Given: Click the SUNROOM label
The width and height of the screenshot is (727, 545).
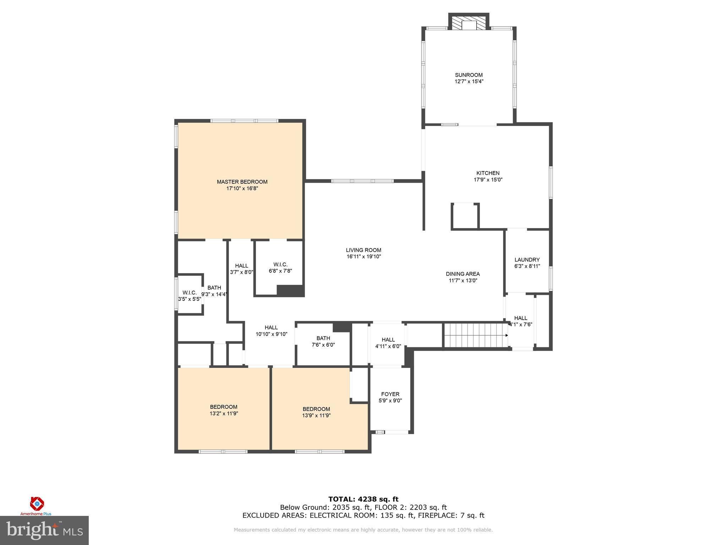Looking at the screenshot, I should pos(469,75).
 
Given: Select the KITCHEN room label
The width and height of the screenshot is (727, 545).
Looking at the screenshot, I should pos(488,173).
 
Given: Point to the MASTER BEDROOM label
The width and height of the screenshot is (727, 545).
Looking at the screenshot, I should pos(242,182).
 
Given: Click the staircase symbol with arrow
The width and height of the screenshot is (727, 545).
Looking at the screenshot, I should pos(476,335).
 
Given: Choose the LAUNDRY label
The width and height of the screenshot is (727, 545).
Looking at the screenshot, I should pos(527,260).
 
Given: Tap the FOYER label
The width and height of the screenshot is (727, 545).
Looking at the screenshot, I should pos(390,394).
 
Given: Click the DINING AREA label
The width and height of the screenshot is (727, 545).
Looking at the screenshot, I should pos(463,274).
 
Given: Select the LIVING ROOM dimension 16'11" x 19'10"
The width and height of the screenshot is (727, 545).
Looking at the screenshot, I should pos(363,257).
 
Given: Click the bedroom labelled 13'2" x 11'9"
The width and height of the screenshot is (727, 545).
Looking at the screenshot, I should pos(224,410).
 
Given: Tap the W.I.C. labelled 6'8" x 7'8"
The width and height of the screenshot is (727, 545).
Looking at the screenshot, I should pos(280,268).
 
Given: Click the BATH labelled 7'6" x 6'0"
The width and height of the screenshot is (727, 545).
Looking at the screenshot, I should pos(323,341).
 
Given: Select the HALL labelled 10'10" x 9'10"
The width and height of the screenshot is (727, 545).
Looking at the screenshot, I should pos(271,331).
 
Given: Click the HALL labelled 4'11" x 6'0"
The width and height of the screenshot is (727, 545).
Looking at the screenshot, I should pos(388,343).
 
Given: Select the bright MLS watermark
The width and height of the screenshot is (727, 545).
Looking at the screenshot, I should pos(44,530).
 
